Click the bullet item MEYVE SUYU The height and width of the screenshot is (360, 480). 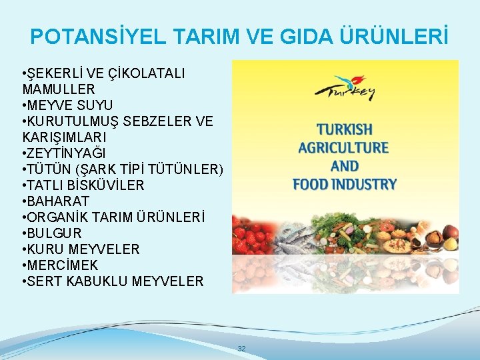(69, 105)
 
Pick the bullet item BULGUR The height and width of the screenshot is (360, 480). (54, 233)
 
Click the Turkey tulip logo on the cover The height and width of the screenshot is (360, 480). (345, 87)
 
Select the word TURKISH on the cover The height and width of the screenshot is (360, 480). (345, 129)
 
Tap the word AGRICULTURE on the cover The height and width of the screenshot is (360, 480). (345, 147)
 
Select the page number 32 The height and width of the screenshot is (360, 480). (241, 349)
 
